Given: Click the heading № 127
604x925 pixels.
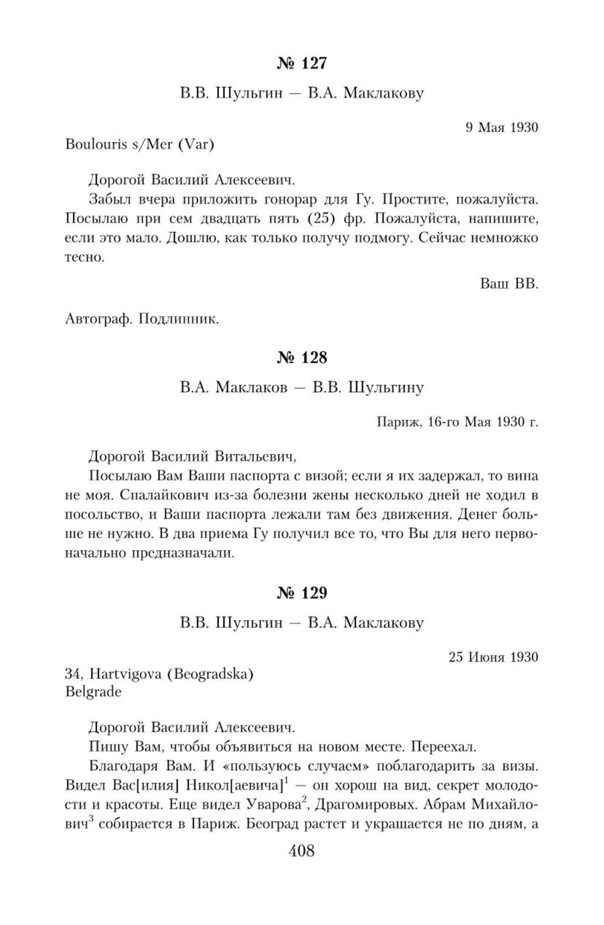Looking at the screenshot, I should (x=301, y=63).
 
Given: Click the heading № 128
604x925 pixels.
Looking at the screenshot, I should (x=301, y=358).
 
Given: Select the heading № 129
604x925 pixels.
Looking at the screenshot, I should (x=301, y=593).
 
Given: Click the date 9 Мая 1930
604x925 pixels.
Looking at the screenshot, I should (x=502, y=127).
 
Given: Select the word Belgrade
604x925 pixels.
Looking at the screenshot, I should (x=93, y=692).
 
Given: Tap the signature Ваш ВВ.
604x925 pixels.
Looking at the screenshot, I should (x=509, y=284).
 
